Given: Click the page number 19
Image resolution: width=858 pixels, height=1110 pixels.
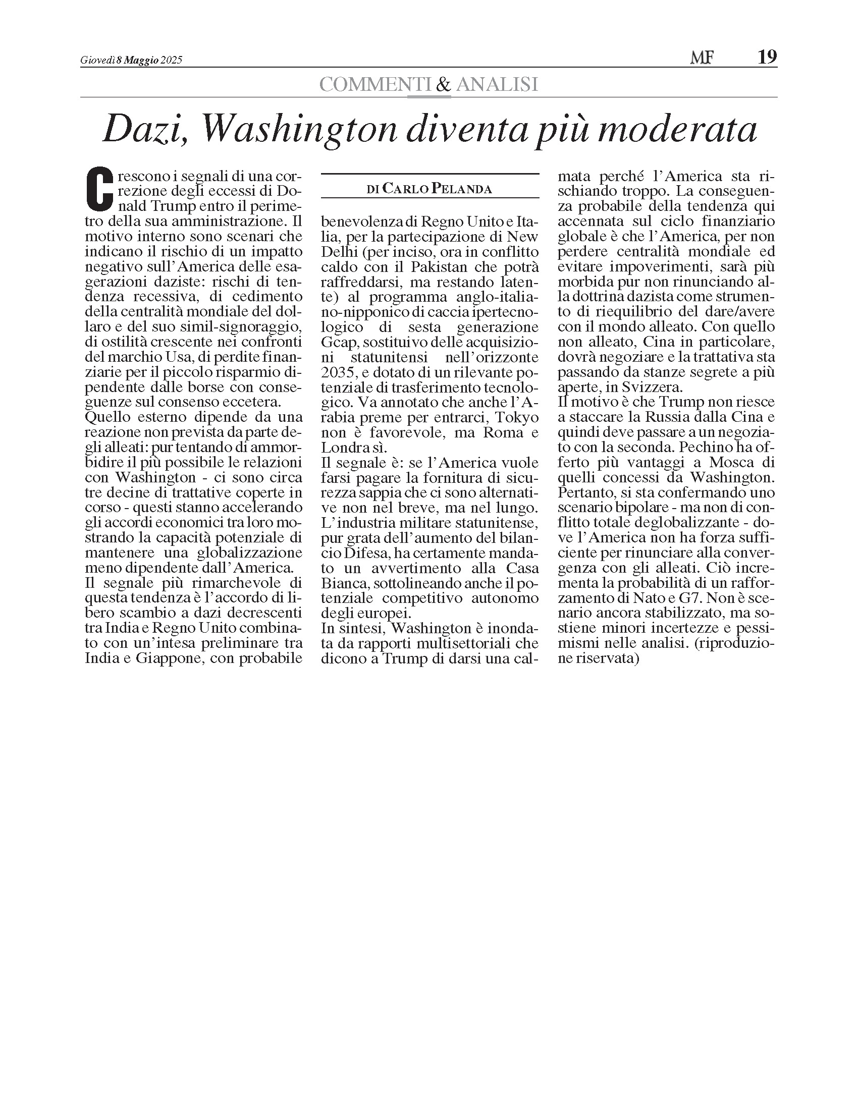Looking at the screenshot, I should [767, 58].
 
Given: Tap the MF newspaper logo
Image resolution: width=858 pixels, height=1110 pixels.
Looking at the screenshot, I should [702, 59].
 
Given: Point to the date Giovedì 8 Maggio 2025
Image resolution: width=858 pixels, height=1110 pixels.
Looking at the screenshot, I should [131, 61].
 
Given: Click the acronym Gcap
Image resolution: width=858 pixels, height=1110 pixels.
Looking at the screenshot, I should [334, 342].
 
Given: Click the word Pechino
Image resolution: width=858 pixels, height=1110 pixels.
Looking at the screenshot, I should [706, 447].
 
